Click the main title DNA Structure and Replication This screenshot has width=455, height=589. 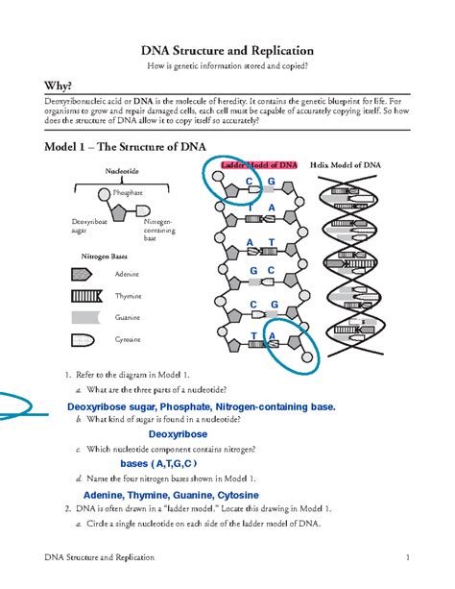[x=227, y=49]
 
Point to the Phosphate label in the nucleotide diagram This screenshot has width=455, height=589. [x=128, y=193]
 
